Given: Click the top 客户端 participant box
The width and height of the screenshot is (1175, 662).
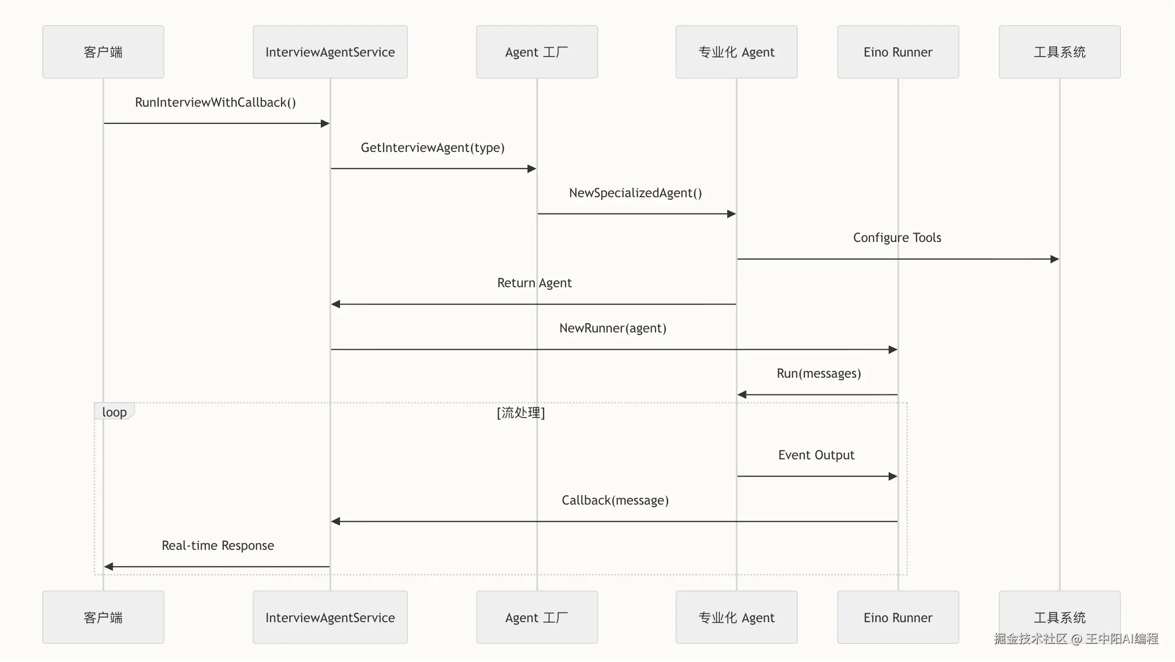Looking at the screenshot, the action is click(x=103, y=52).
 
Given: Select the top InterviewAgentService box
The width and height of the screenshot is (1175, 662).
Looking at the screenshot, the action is click(x=330, y=52).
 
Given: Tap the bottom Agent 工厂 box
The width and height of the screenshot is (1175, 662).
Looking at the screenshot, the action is click(x=537, y=617).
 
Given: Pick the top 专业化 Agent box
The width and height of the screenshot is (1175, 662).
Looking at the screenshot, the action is click(x=737, y=52).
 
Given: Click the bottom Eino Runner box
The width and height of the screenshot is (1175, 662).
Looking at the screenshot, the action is click(x=898, y=617).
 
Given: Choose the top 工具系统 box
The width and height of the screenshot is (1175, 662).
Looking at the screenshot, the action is click(x=1060, y=52).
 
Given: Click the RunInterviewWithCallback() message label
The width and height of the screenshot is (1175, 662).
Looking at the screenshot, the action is click(x=216, y=102).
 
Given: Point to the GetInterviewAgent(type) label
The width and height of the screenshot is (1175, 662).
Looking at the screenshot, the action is click(x=433, y=148).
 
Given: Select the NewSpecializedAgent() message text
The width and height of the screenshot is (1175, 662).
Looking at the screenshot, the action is click(x=635, y=193).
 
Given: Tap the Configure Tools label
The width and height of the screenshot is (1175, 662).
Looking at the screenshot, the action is click(x=897, y=238).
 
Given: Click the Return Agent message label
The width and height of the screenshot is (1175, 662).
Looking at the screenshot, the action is click(x=534, y=283).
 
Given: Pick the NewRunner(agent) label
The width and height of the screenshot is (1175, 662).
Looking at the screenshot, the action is click(x=613, y=328).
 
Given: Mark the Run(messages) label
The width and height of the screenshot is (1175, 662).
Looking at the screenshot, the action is click(x=819, y=373).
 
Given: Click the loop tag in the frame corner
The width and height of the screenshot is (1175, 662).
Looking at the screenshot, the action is click(x=114, y=412).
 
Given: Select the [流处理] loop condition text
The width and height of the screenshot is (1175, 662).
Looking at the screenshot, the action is click(x=521, y=412).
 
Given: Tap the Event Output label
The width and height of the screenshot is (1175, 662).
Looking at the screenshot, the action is click(x=816, y=455).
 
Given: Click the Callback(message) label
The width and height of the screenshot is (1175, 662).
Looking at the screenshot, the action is click(x=615, y=500).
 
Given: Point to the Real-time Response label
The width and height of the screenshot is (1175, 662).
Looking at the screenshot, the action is click(x=218, y=545).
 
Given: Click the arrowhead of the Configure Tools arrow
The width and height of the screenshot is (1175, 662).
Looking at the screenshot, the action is click(x=1055, y=259).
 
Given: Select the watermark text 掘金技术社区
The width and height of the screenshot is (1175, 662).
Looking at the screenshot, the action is click(x=1030, y=638).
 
